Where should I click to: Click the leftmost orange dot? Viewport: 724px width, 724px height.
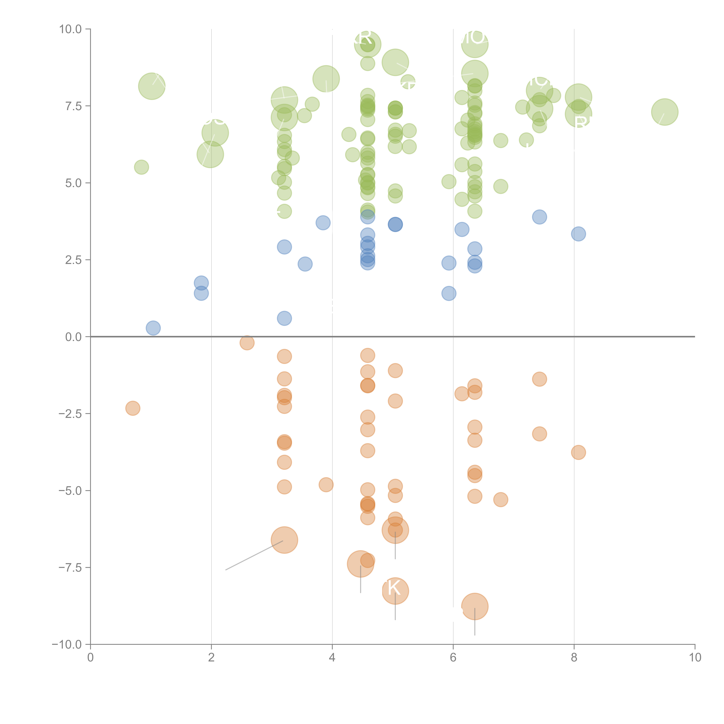click(133, 408)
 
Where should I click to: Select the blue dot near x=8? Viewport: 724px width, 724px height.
click(578, 234)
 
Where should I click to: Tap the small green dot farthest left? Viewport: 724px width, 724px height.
click(141, 167)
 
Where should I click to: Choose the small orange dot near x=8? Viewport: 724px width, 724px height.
click(578, 452)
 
